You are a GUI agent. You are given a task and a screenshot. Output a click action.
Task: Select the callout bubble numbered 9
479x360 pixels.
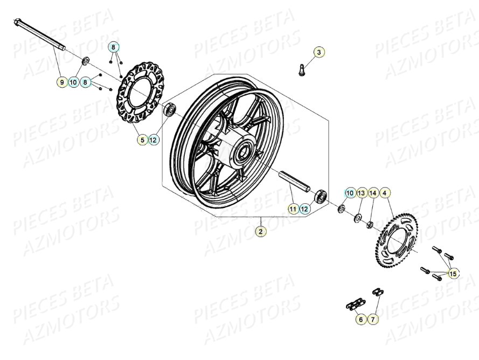point(62,82)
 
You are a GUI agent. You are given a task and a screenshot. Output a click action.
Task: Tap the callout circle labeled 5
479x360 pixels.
point(142,140)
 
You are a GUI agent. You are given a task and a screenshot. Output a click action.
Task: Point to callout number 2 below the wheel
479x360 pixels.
point(260,232)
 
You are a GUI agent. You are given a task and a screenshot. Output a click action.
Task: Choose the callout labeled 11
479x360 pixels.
point(293,208)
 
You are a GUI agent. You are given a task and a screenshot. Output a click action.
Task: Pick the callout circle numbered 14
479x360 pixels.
point(373,193)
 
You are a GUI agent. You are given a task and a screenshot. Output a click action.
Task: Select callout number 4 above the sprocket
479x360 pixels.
point(385,193)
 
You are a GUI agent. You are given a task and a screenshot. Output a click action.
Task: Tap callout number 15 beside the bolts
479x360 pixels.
point(453,274)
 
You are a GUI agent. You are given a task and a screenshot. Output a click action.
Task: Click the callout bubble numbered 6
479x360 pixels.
point(360,320)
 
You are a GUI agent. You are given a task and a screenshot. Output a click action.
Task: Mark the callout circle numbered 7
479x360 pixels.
point(373,320)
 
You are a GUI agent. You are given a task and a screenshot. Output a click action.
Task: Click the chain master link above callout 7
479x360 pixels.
point(377,292)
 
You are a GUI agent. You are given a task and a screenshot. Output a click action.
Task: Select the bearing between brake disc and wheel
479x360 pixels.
point(170,109)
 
